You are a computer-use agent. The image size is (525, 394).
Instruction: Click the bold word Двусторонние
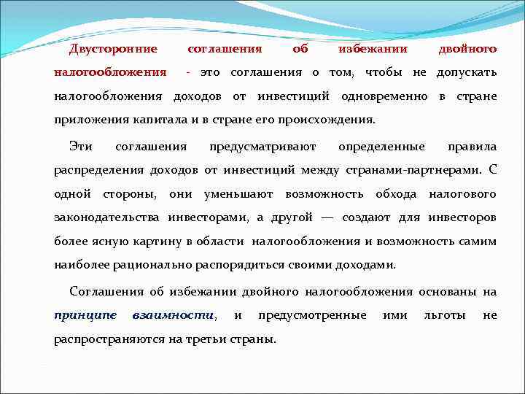(x=113, y=49)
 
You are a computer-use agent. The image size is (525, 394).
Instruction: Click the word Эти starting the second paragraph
(x=81, y=147)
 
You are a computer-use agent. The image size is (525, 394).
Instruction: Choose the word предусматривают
(x=262, y=147)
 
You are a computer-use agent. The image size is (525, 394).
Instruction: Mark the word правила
(x=472, y=147)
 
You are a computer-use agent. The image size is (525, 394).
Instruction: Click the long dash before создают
(x=327, y=217)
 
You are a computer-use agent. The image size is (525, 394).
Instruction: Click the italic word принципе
(x=85, y=315)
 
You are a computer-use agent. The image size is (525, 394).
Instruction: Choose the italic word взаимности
(x=174, y=315)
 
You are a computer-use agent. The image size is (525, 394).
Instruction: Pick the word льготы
(x=443, y=315)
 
